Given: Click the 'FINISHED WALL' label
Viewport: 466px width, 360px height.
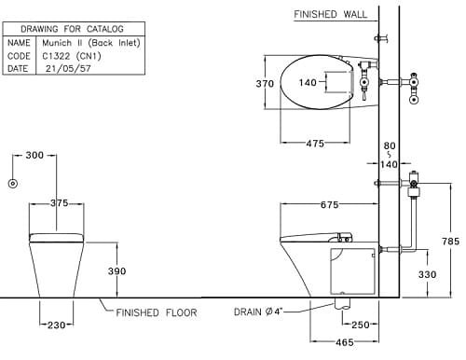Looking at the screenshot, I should tap(330, 15).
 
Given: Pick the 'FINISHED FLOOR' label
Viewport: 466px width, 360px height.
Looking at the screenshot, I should tap(157, 312).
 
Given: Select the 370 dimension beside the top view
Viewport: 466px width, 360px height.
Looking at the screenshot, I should tap(266, 83).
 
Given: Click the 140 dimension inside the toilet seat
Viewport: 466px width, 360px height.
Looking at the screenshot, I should tap(308, 83).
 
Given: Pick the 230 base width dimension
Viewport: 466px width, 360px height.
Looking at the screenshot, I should tap(57, 324).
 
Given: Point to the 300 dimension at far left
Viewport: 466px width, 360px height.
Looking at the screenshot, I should tap(35, 155).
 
